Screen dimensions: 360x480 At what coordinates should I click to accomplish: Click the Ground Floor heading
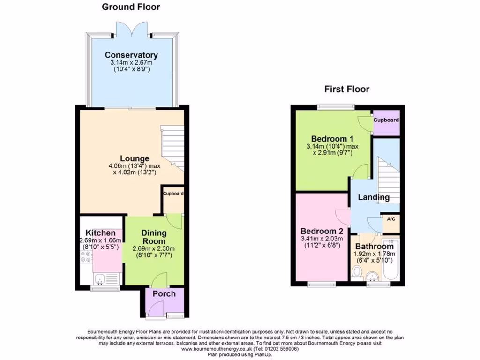coord(131,7)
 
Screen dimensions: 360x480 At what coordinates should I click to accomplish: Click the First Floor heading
coord(347,89)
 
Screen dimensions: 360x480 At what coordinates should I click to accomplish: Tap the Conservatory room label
coord(131,55)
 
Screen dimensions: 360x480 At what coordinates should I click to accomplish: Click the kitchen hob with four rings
coord(86,256)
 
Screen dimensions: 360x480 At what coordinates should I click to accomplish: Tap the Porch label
coord(164,294)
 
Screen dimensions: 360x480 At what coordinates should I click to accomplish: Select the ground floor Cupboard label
coord(173,193)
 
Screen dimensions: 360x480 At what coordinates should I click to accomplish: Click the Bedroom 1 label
coord(332,139)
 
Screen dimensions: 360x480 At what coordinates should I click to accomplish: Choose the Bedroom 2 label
coord(322,231)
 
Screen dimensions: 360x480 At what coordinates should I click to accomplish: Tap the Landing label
coord(374,197)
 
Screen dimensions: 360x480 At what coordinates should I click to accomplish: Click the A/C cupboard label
coord(390,219)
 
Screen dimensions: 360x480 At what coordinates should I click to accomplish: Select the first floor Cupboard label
coord(386,120)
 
